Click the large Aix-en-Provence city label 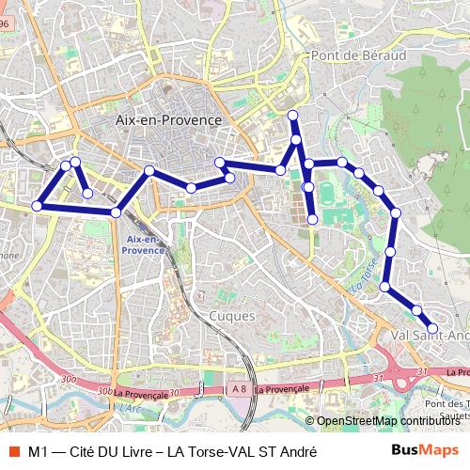[167, 120]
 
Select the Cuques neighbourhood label [232, 317]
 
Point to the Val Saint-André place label [428, 334]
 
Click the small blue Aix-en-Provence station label [144, 245]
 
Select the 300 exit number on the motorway [66, 379]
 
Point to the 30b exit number [104, 390]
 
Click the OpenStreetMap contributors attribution [386, 421]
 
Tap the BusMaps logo [425, 451]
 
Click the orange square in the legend [12, 452]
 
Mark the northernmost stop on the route [293, 116]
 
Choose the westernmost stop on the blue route [38, 206]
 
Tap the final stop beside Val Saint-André [432, 328]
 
